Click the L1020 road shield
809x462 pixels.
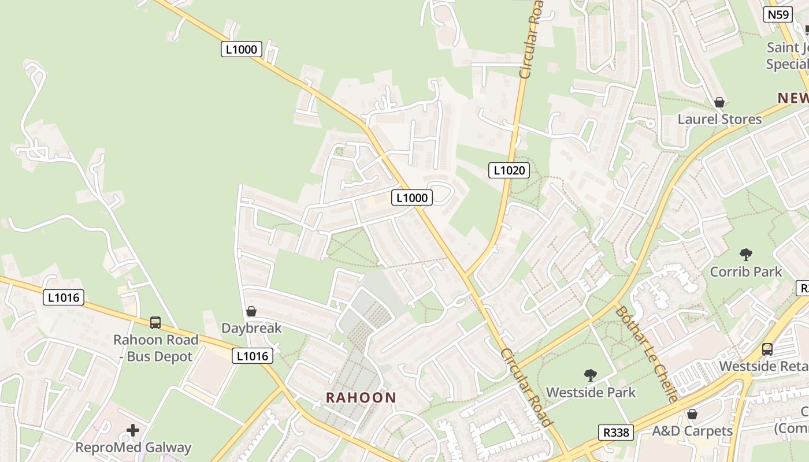point(509,170)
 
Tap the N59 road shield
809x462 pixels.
point(778,14)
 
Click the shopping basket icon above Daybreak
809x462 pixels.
point(251,312)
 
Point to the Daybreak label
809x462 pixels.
point(251,328)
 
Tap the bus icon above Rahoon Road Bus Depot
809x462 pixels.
point(155,323)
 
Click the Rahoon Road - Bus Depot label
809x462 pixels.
point(155,348)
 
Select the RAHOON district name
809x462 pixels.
point(361,397)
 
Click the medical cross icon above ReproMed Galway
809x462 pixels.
point(133,430)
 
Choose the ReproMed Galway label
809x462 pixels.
point(133,447)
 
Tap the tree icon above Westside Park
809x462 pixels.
point(590,375)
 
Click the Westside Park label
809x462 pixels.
point(591,393)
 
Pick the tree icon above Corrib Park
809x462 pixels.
point(746,254)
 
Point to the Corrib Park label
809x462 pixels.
point(746,271)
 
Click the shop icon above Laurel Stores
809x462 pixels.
point(719,102)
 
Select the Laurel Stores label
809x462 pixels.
point(719,119)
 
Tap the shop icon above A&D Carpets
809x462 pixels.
point(692,414)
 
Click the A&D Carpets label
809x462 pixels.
point(692,431)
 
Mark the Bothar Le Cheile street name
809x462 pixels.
point(646,353)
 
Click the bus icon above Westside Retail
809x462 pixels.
point(767,349)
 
